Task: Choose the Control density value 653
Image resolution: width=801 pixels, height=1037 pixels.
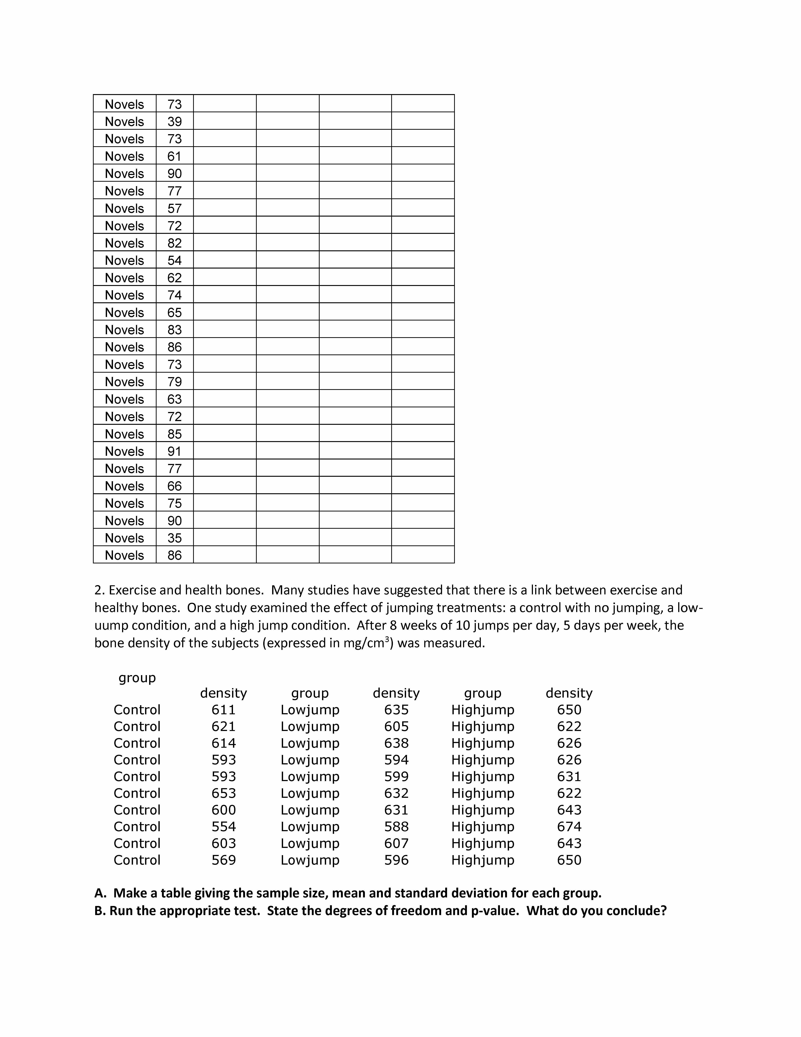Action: pyautogui.click(x=224, y=793)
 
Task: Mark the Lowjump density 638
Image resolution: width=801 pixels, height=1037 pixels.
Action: pyautogui.click(x=396, y=743)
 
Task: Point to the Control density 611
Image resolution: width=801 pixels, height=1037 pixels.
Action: pyautogui.click(x=224, y=710)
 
